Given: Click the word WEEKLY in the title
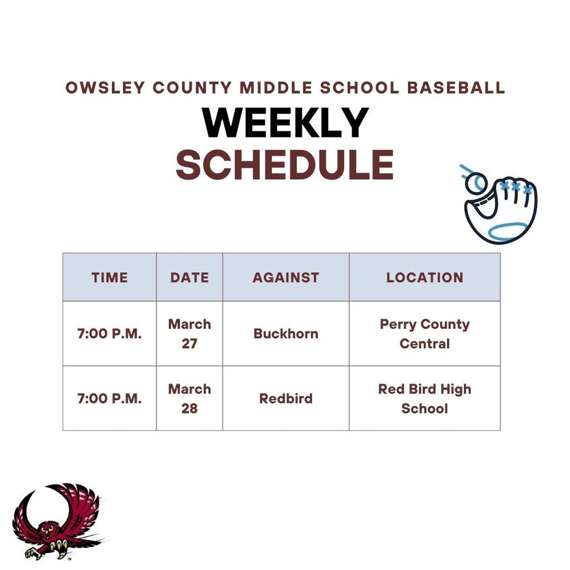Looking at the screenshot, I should click(286, 123).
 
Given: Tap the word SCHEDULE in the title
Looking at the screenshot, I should click(284, 165).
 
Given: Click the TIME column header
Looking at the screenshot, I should click(110, 277).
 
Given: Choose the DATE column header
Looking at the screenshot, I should click(189, 277).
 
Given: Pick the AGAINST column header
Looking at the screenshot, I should click(286, 277).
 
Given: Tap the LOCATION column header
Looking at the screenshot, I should click(425, 277).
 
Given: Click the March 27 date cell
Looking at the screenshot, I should click(189, 333).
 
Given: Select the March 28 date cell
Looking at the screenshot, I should click(189, 398).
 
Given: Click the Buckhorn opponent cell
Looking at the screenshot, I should click(286, 333).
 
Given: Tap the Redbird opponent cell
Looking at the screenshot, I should click(286, 399).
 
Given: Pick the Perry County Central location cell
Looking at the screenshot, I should click(425, 333).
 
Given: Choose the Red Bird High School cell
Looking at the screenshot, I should click(425, 398).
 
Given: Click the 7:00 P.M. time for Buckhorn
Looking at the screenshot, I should click(110, 334).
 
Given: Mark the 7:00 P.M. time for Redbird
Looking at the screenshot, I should click(110, 399).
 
